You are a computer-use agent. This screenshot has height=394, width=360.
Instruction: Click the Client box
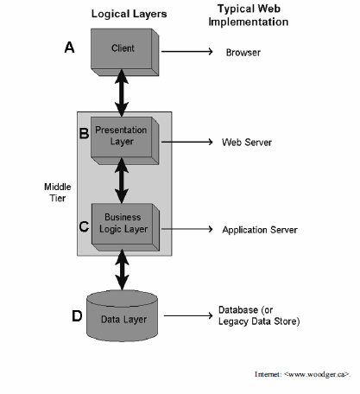(x=125, y=52)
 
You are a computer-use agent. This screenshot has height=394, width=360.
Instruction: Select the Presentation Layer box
(x=125, y=141)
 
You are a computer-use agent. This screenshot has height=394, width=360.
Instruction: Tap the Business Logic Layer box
(x=125, y=227)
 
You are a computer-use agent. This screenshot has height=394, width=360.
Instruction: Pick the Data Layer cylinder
(x=123, y=316)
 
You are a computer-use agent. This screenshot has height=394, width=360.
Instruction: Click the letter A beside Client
(x=69, y=48)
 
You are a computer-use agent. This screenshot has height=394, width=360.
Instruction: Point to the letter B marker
(x=84, y=133)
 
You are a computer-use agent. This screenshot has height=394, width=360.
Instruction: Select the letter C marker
(x=84, y=226)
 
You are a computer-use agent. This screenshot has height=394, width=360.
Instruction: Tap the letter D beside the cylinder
(x=77, y=316)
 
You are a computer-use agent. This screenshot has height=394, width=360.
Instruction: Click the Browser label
(x=243, y=53)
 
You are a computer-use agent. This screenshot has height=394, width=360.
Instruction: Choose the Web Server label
(x=247, y=143)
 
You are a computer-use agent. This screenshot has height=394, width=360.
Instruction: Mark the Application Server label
(x=260, y=230)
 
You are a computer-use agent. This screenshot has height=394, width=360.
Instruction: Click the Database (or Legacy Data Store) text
(x=259, y=315)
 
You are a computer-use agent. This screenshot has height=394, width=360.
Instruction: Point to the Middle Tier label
(x=58, y=193)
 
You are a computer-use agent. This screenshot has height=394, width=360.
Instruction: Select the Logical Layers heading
(x=129, y=14)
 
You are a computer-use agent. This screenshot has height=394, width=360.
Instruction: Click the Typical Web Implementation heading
(x=249, y=16)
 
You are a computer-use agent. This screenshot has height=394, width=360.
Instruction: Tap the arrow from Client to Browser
(x=187, y=52)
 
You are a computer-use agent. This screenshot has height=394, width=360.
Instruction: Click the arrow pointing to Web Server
(x=187, y=142)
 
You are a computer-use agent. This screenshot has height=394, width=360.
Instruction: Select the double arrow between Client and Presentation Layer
(x=122, y=92)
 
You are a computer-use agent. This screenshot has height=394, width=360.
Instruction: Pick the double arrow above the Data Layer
(x=122, y=270)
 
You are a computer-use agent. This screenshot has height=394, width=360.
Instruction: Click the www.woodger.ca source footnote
(x=302, y=374)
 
